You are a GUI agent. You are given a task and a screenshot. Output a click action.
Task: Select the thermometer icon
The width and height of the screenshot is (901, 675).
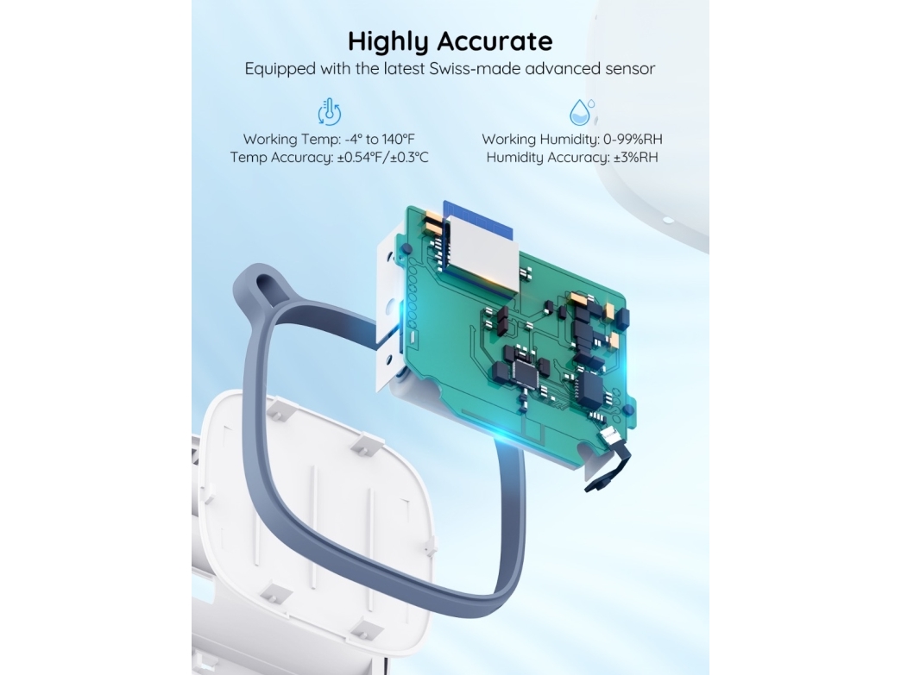pyautogui.click(x=330, y=112)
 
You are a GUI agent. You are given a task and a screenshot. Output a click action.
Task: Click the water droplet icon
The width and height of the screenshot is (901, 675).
pyautogui.click(x=581, y=112)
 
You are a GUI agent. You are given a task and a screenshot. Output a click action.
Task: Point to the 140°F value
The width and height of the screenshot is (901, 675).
pyautogui.click(x=398, y=139)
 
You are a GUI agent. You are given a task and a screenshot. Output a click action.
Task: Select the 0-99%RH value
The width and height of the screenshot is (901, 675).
pyautogui.click(x=633, y=139)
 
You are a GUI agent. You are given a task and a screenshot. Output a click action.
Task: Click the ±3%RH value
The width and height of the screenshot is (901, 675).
pyautogui.click(x=635, y=157)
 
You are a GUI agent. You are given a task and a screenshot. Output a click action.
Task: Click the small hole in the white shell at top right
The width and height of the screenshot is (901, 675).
pyautogui.click(x=667, y=220)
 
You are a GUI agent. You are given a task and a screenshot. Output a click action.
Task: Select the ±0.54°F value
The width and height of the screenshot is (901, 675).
pyautogui.click(x=362, y=157)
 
